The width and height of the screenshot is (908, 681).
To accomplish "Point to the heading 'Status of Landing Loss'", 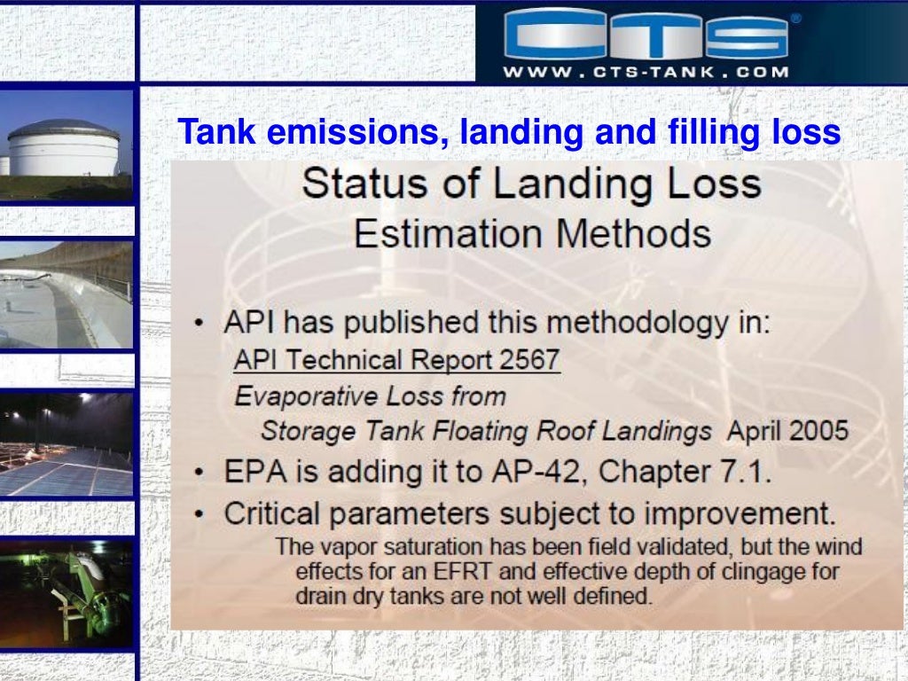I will click(x=531, y=184).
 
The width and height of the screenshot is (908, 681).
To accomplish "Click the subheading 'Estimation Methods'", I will click(x=531, y=234).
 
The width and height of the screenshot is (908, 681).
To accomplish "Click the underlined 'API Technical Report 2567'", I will click(x=396, y=360).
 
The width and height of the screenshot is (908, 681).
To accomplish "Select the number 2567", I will click(x=528, y=360).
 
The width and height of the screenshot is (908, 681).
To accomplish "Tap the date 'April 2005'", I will click(x=787, y=432).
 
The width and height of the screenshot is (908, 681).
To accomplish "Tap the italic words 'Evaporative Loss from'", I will click(x=370, y=396).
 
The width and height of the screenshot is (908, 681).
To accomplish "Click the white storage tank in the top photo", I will click(x=62, y=149).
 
